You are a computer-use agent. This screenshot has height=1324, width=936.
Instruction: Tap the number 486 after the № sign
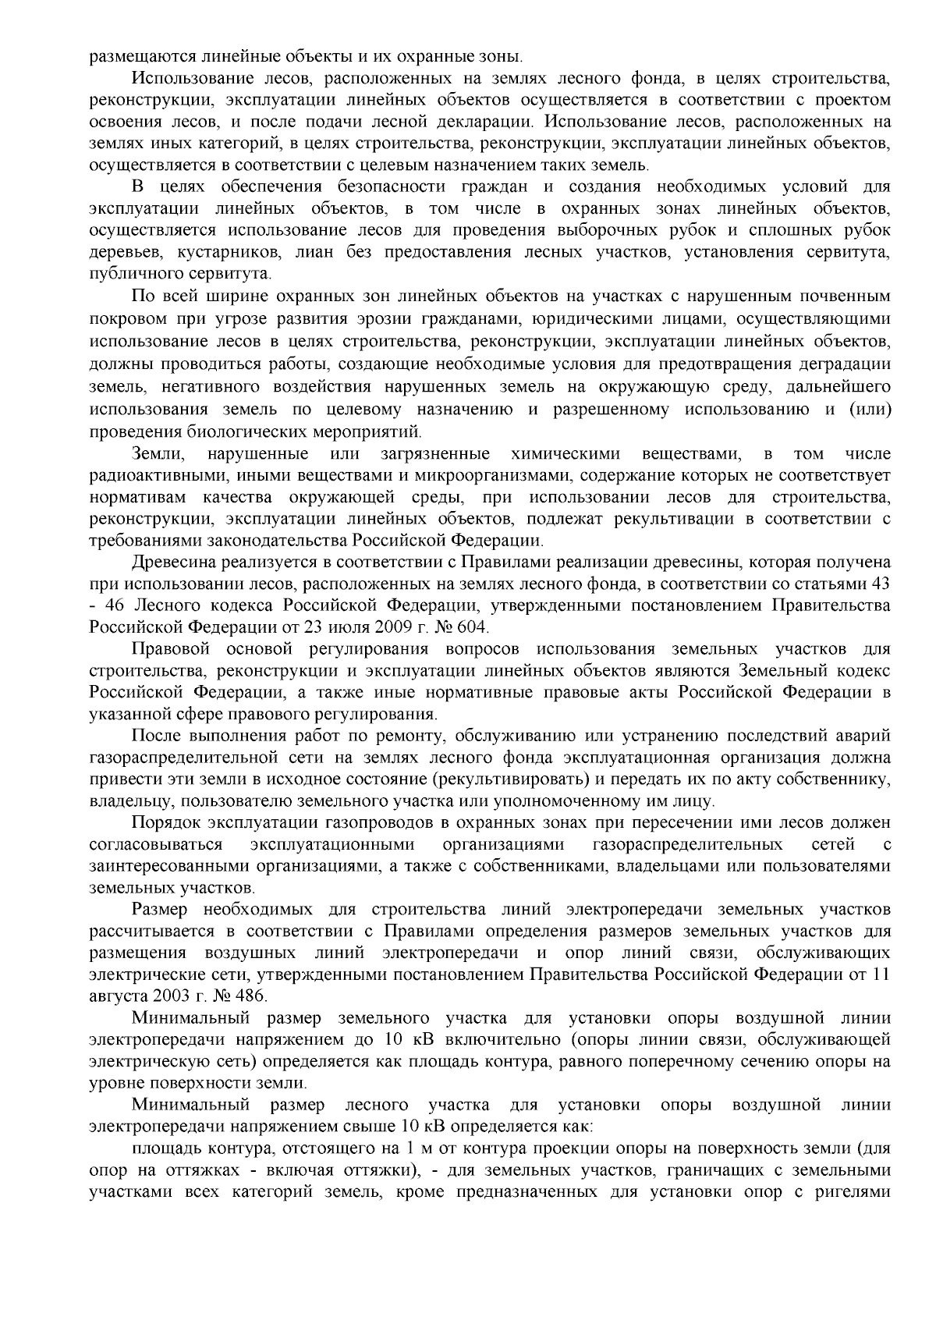(250, 996)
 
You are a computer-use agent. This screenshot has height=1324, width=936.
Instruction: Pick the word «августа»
(115, 996)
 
